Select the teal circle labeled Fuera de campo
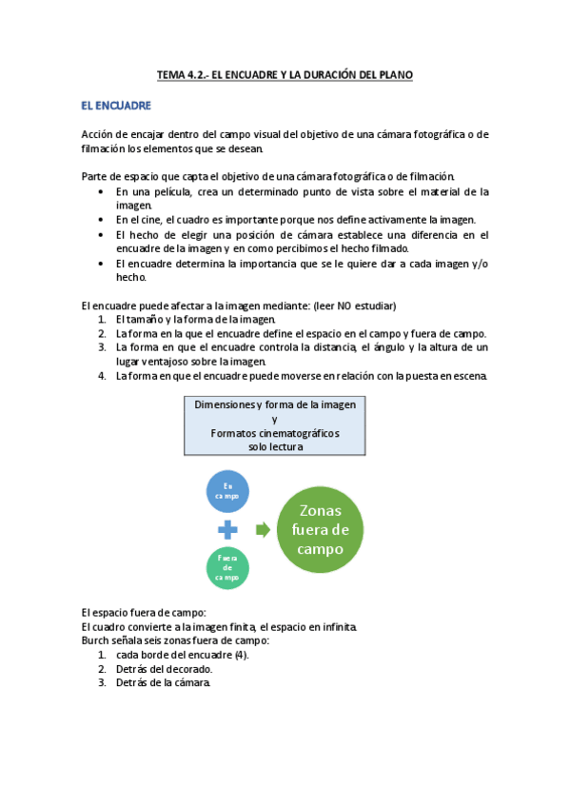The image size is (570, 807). click(x=227, y=567)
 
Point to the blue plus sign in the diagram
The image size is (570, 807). click(x=228, y=530)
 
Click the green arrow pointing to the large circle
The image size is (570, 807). click(x=263, y=529)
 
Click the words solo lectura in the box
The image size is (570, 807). click(x=274, y=446)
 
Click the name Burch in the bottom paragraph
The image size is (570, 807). click(x=96, y=641)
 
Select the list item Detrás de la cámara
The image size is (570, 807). click(x=163, y=683)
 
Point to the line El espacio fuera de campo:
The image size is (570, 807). click(x=144, y=613)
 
